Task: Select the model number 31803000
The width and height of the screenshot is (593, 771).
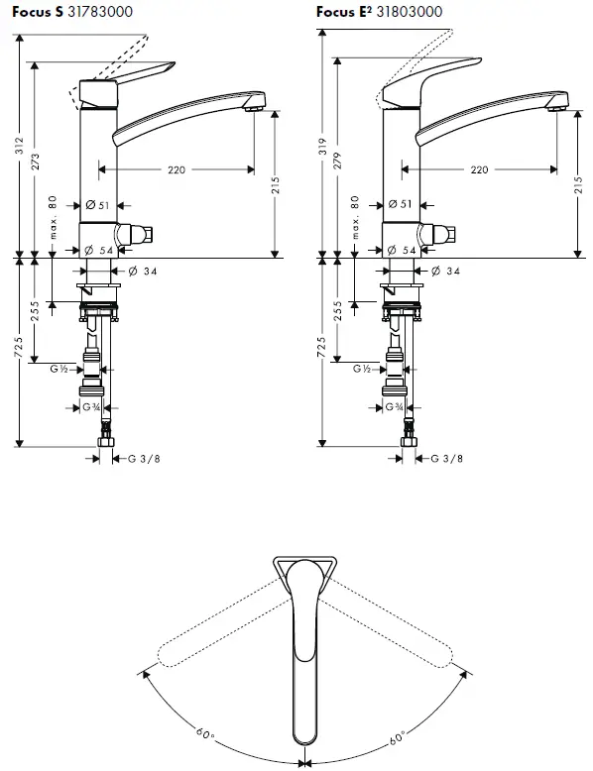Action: click(x=407, y=12)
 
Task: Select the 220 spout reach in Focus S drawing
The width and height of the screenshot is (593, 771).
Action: click(x=176, y=170)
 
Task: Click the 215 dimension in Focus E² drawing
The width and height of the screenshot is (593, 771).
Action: click(x=578, y=185)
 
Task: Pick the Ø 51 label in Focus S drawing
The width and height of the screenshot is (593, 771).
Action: click(x=97, y=205)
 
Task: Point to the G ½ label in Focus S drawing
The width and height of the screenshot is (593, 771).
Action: click(x=59, y=369)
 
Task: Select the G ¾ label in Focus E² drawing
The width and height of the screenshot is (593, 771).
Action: click(x=394, y=406)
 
